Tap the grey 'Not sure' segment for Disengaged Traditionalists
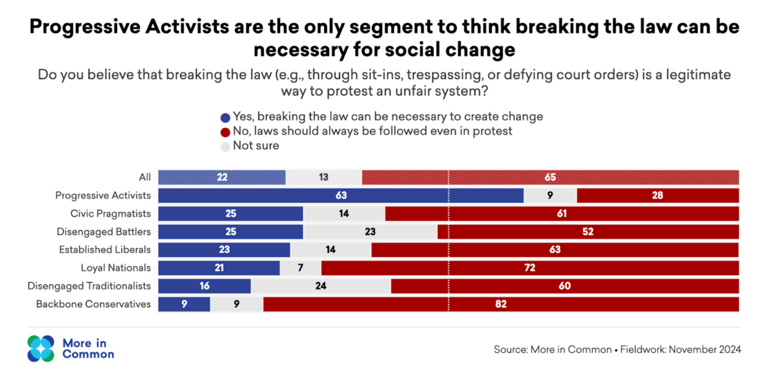(321, 286)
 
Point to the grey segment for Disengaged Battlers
(370, 232)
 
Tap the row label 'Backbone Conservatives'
(93, 304)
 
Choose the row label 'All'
(144, 177)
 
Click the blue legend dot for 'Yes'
(225, 117)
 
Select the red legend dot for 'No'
(225, 131)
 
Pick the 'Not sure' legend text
(256, 145)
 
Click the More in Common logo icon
(40, 348)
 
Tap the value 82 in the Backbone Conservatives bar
(501, 304)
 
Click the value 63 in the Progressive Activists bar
(341, 196)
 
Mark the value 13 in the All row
(324, 177)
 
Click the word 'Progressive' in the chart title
(97, 28)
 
